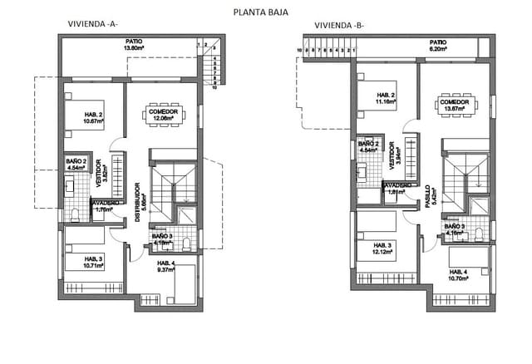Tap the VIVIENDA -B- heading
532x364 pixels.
click(x=337, y=25)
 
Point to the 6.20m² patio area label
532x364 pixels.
click(x=438, y=48)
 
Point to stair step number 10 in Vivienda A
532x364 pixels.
click(x=214, y=87)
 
